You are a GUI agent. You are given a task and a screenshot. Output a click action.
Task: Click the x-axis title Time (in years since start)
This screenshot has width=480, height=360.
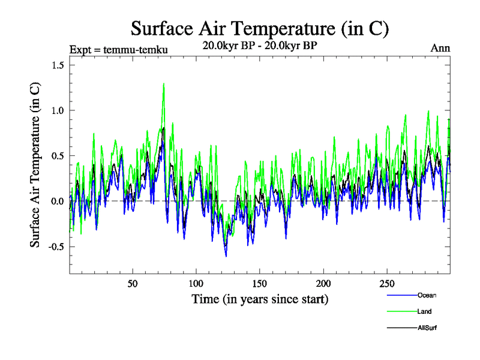260,298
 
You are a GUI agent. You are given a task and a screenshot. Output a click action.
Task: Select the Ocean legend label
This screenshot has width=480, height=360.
427,295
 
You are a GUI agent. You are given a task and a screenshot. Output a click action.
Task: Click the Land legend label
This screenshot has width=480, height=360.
425,311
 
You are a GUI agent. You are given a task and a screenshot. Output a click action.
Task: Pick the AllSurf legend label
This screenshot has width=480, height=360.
428,328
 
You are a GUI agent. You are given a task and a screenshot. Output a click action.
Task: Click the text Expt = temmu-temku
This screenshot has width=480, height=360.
118,49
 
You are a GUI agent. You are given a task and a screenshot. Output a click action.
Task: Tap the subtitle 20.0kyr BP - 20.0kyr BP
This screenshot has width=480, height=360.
260,45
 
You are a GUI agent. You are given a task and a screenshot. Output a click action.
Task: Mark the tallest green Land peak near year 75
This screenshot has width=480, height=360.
163,84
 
